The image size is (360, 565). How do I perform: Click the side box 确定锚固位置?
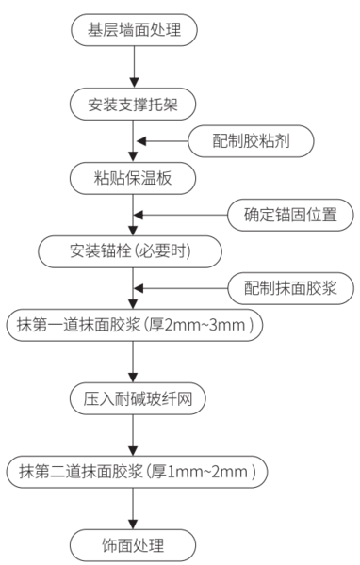click(x=292, y=214)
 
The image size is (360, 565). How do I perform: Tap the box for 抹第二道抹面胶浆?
click(x=133, y=470)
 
